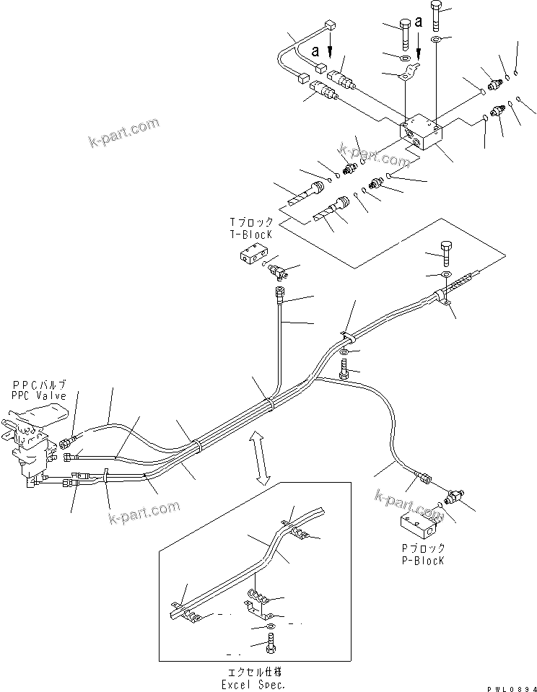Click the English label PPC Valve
coord(39,396)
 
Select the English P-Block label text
coord(424,560)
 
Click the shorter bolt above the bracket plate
coord(406,33)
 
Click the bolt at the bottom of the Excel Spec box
coord(269,646)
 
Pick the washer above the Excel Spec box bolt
coord(269,626)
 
